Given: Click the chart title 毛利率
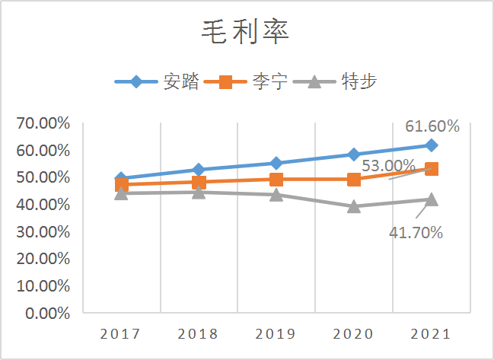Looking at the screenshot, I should pos(246,32).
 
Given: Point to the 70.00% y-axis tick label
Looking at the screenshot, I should pos(43,123).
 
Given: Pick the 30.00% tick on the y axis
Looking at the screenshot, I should pos(43,231).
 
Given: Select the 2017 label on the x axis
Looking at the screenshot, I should pos(121,334).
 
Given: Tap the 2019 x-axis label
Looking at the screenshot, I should pos(276,334).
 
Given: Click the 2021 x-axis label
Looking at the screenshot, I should pos(430,334).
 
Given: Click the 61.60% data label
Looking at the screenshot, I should pos(432,126).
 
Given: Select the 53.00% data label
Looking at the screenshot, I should pos(387,165).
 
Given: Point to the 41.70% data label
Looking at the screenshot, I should pos(416,233).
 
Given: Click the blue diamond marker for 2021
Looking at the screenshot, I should pos(431,145).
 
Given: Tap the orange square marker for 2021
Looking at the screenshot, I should pos(431,169).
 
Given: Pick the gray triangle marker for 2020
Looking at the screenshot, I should pos(353,206).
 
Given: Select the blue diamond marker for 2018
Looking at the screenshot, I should pos(199,170).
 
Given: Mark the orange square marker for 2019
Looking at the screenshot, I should pos(276,180).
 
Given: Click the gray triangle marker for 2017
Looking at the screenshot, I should pos(121,193).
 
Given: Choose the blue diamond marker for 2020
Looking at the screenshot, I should pos(353,155).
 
